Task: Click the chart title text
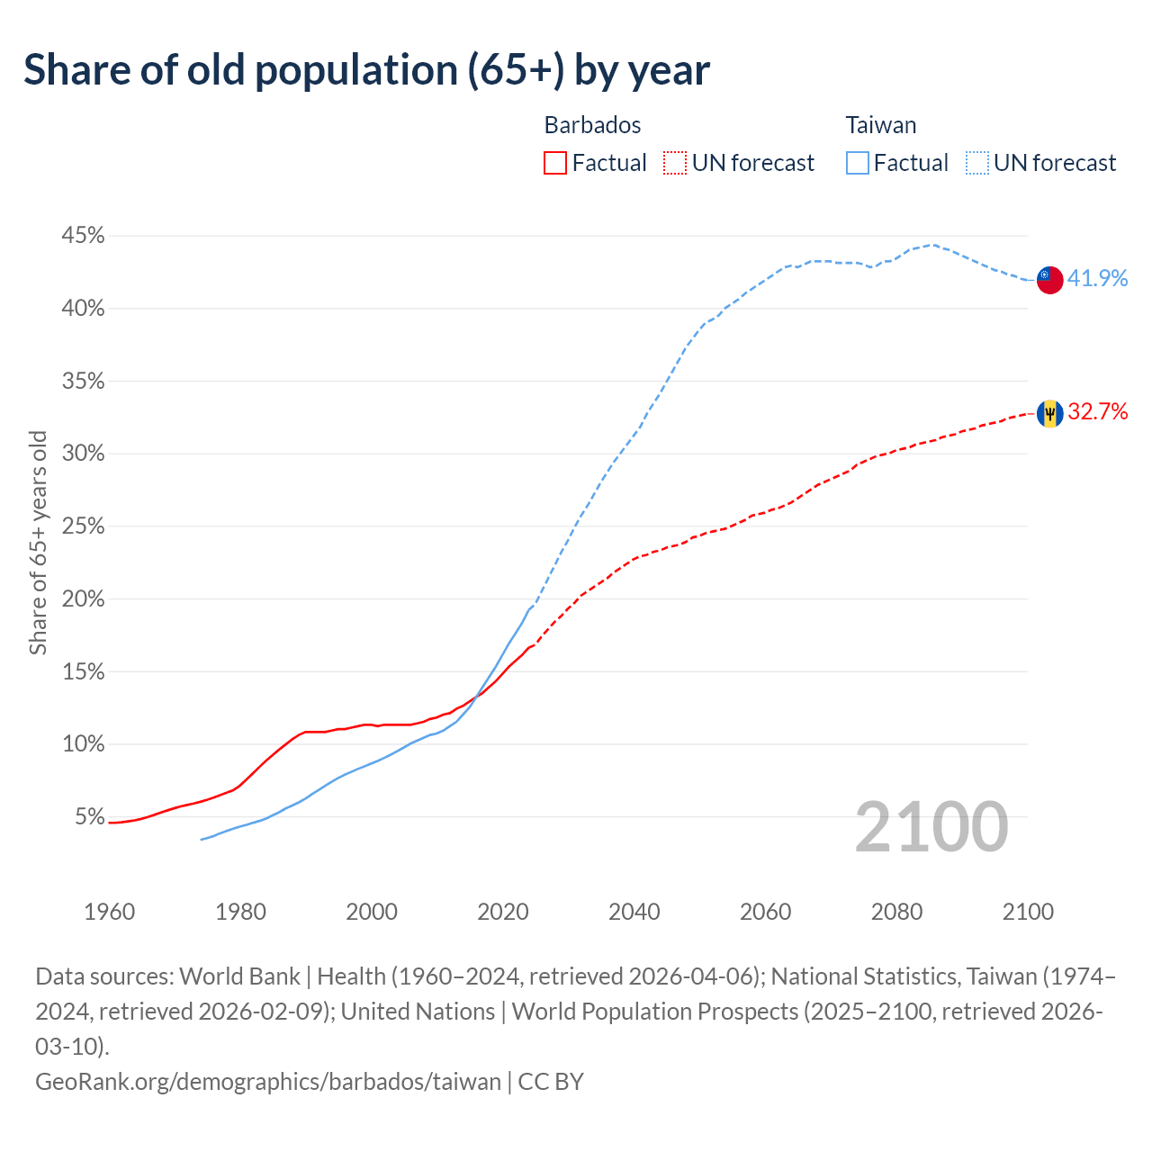pos(366,70)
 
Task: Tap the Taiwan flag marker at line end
pos(1049,280)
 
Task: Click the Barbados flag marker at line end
pos(1049,413)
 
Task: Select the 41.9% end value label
pos(1097,279)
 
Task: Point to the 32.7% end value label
pos(1097,412)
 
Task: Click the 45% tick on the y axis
pos(83,236)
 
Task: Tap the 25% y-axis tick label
pos(83,526)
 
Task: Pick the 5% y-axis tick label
pos(89,817)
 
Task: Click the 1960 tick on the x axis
pos(110,912)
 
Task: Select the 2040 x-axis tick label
pos(634,912)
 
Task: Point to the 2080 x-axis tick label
pos(896,912)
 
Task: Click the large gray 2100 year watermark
pos(931,827)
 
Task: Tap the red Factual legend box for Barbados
pos(555,163)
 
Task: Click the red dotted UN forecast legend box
pos(674,163)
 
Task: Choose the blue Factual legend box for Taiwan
pos(858,163)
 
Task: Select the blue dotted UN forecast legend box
pos(976,163)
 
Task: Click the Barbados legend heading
pos(592,125)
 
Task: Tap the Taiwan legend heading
pos(880,125)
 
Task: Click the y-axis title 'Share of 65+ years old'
pos(38,543)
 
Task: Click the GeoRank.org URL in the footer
pos(267,1081)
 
